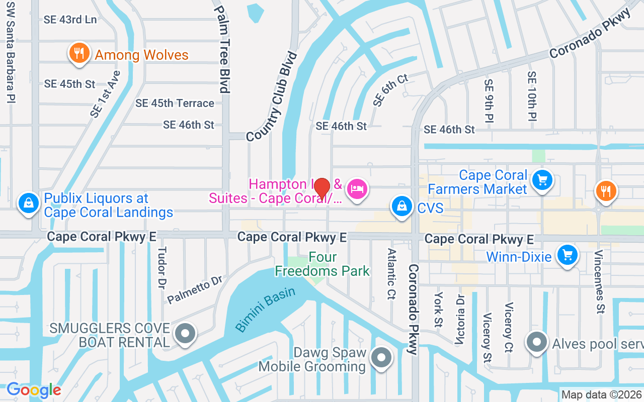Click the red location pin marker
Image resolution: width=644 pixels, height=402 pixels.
(322, 188)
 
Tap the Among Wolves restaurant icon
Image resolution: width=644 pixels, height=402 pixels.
(79, 53)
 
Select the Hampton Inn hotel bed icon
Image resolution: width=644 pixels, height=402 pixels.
(357, 189)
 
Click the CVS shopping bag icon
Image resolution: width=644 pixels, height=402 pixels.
(402, 207)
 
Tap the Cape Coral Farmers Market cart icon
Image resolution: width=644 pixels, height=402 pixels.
(542, 180)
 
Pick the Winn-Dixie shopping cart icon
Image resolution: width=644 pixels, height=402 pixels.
(568, 255)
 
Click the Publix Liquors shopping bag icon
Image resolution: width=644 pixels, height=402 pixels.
(29, 204)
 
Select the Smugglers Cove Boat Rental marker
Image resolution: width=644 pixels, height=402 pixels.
(185, 333)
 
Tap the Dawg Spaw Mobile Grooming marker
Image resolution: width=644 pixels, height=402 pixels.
(381, 358)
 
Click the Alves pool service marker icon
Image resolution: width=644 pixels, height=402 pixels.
(536, 342)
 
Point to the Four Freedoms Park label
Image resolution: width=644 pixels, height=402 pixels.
(323, 264)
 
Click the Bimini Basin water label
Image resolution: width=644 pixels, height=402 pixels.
(265, 310)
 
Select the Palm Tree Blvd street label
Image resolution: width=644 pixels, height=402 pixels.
(221, 49)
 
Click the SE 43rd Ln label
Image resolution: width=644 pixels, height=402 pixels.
(70, 20)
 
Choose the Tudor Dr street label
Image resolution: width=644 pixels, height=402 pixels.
(162, 268)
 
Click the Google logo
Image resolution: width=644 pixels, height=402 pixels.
(34, 390)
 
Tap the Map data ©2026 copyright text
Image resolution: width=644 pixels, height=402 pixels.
(602, 395)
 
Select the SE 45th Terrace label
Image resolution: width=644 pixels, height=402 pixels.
(175, 103)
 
